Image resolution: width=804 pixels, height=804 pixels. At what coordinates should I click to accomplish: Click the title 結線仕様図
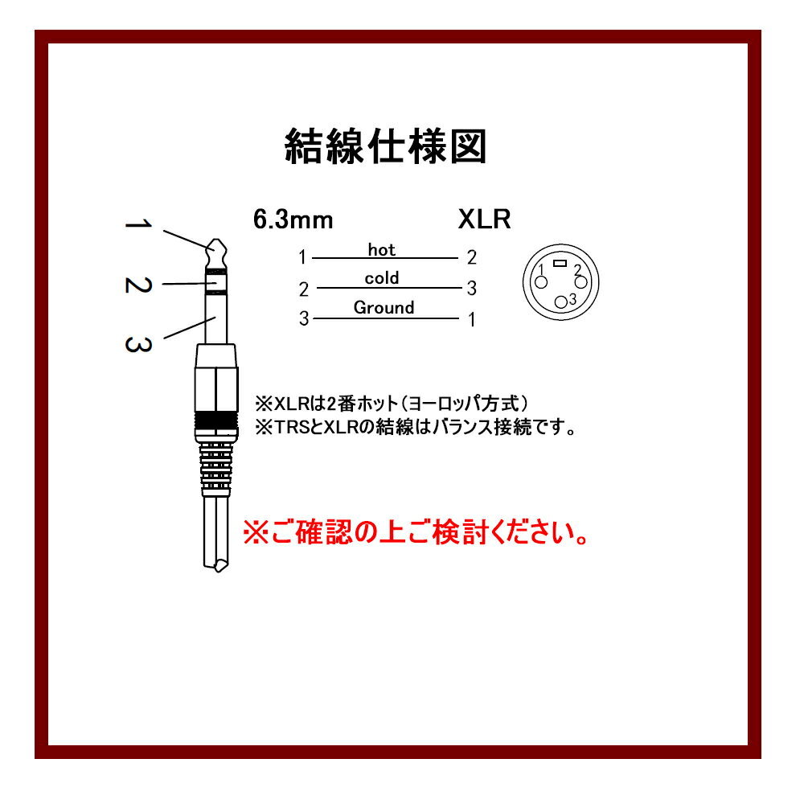pos(386,147)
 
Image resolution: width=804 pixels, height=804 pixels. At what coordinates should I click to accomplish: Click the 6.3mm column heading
pos(293,219)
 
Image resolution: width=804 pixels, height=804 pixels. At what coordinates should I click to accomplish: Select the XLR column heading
pos(484,219)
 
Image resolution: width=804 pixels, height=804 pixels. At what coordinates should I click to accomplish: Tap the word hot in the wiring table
pos(382,250)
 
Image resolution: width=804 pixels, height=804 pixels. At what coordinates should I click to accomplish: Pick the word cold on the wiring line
pos(382,279)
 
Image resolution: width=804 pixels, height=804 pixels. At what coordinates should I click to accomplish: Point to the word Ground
pos(384,307)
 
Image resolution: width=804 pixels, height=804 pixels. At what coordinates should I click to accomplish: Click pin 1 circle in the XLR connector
pos(541,282)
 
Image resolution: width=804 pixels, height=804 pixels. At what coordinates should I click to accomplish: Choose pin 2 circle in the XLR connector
pos(581,282)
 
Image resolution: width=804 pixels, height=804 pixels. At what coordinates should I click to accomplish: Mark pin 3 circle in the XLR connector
pos(561,301)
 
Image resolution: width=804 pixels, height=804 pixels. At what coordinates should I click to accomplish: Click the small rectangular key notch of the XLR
pos(561,263)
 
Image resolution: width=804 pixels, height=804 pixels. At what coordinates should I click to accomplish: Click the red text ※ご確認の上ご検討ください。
pos(415,532)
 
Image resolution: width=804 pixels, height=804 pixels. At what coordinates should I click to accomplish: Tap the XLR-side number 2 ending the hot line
pos(471,258)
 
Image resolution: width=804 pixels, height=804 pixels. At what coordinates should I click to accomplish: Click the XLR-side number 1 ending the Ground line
pos(471,320)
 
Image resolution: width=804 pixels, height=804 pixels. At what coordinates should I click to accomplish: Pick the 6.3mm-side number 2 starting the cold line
pos(303,289)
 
